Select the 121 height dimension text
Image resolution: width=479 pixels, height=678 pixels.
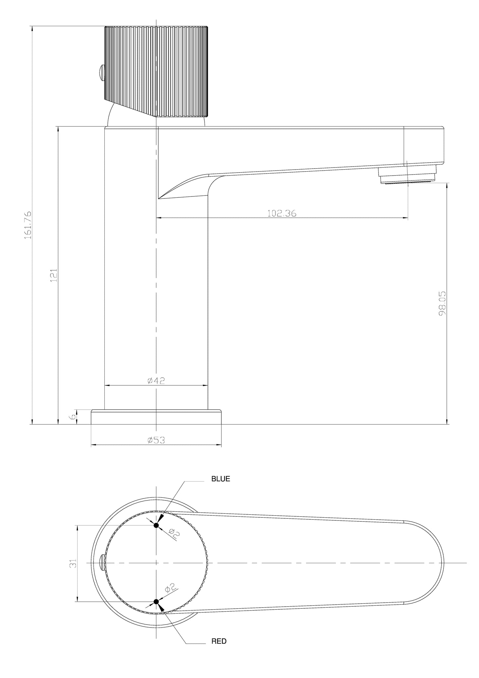54,275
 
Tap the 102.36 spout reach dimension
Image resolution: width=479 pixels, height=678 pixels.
282,213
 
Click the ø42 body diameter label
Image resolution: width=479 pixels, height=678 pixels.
156,381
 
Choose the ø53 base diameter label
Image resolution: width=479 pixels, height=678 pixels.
156,440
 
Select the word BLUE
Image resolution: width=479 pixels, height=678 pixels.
220,479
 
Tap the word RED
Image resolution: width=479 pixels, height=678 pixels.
219,641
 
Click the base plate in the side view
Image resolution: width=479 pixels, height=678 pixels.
156,417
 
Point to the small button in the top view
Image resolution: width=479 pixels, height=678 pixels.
102,563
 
